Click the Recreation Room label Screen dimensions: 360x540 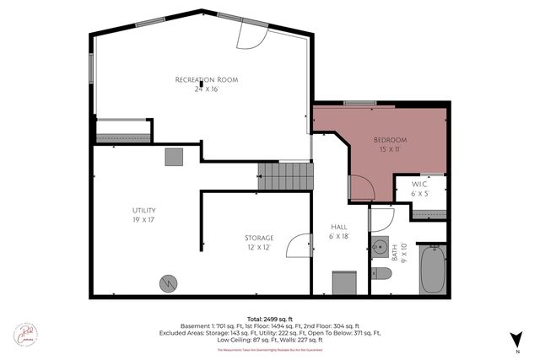click(x=206, y=80)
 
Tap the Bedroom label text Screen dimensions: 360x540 click(x=391, y=139)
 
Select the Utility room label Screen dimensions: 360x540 click(x=143, y=210)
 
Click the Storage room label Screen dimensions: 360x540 click(x=259, y=238)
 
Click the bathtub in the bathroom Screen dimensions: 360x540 click(x=432, y=268)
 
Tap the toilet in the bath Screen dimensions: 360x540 click(x=382, y=273)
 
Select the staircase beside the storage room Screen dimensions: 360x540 click(x=285, y=176)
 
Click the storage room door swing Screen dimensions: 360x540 click(x=298, y=245)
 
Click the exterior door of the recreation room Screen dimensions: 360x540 click(x=251, y=33)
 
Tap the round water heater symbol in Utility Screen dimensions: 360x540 click(x=168, y=283)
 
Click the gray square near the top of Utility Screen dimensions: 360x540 click(x=174, y=156)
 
